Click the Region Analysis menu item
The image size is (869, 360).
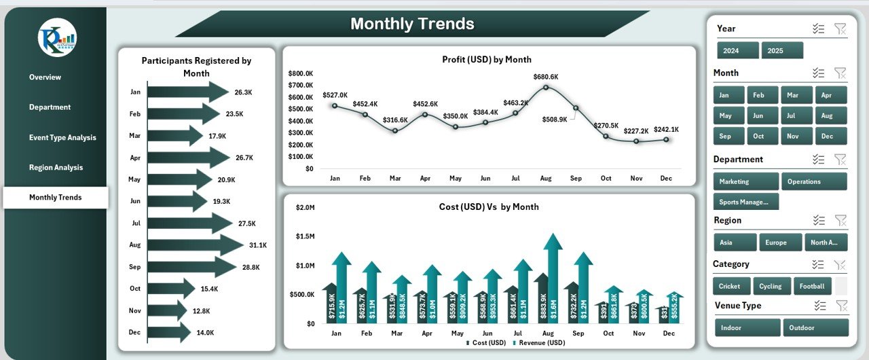click(56, 167)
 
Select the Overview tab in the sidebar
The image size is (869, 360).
click(45, 77)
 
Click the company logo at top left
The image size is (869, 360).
click(58, 37)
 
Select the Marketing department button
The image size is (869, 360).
click(745, 181)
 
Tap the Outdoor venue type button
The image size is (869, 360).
click(815, 327)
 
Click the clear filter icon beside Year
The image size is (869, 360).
click(840, 29)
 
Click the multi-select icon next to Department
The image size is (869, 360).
click(819, 159)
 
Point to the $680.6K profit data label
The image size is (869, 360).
click(546, 77)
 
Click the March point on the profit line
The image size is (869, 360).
click(395, 130)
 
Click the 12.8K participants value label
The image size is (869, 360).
click(202, 311)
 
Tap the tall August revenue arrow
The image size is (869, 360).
click(553, 278)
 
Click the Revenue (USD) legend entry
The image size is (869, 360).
click(540, 343)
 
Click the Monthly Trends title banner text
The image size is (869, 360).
click(412, 24)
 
